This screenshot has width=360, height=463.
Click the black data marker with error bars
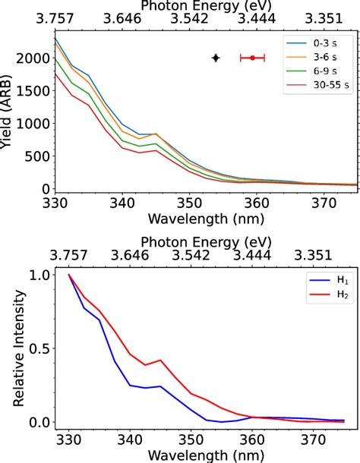(x=216, y=58)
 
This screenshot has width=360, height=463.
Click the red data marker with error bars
(x=252, y=58)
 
